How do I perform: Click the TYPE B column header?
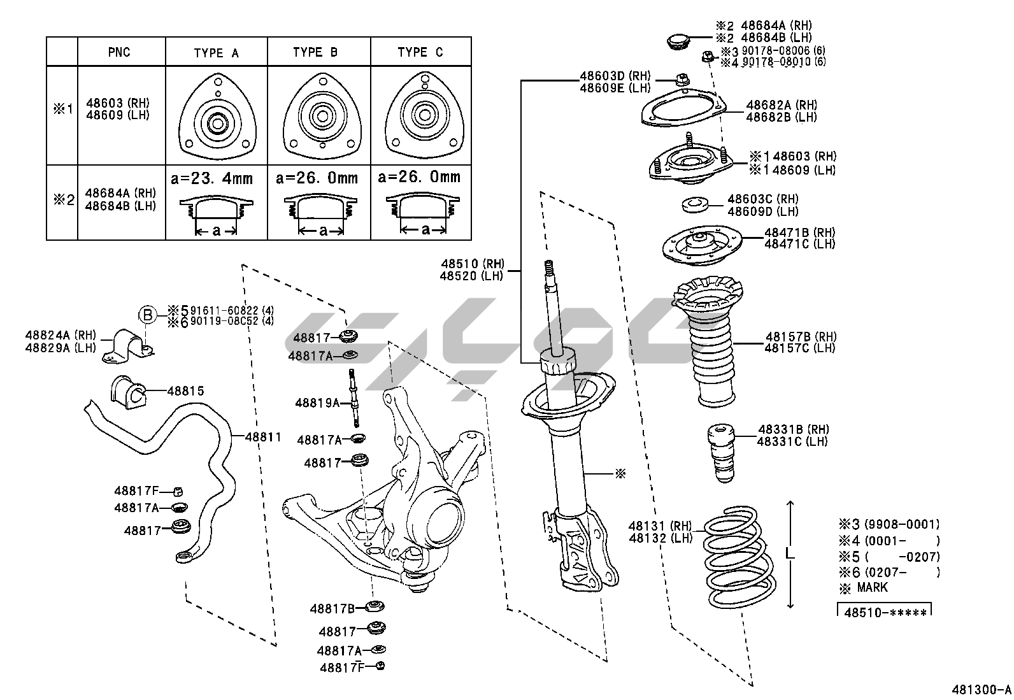(315, 52)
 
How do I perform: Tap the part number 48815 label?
(185, 391)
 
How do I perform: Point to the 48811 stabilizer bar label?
(263, 437)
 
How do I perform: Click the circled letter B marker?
(148, 314)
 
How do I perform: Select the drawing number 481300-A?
(981, 689)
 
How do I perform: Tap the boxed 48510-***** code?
(885, 613)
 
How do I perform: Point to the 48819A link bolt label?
(317, 403)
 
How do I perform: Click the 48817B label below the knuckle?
(332, 608)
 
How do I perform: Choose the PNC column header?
(119, 52)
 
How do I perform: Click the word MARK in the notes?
(872, 587)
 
